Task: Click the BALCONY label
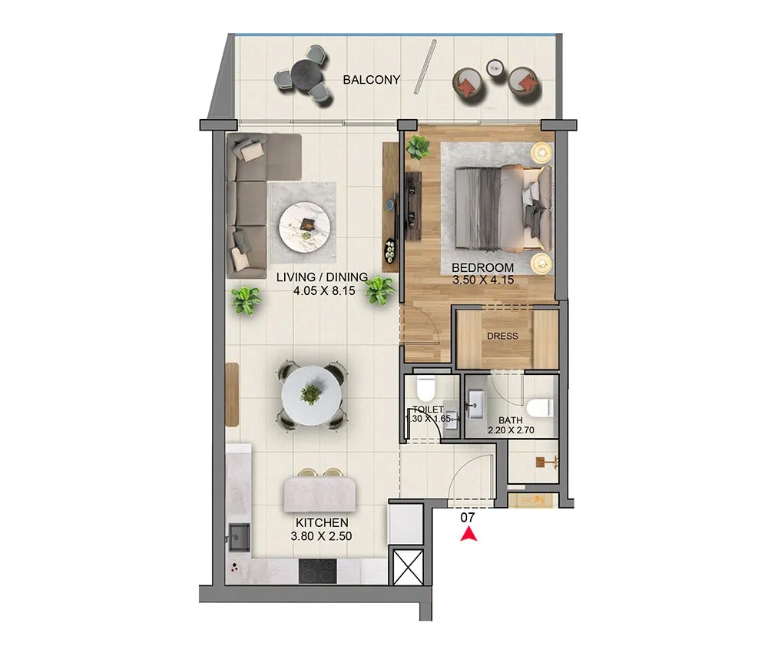tap(372, 80)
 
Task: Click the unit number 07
tap(467, 518)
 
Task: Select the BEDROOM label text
tap(482, 268)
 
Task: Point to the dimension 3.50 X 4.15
tap(482, 280)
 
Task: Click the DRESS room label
tap(502, 336)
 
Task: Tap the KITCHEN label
tap(320, 523)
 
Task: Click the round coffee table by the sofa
tap(306, 227)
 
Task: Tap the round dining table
tap(311, 396)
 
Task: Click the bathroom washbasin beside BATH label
tap(476, 402)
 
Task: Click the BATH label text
tap(510, 420)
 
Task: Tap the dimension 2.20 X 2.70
tap(510, 431)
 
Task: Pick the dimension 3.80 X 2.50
tap(320, 536)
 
